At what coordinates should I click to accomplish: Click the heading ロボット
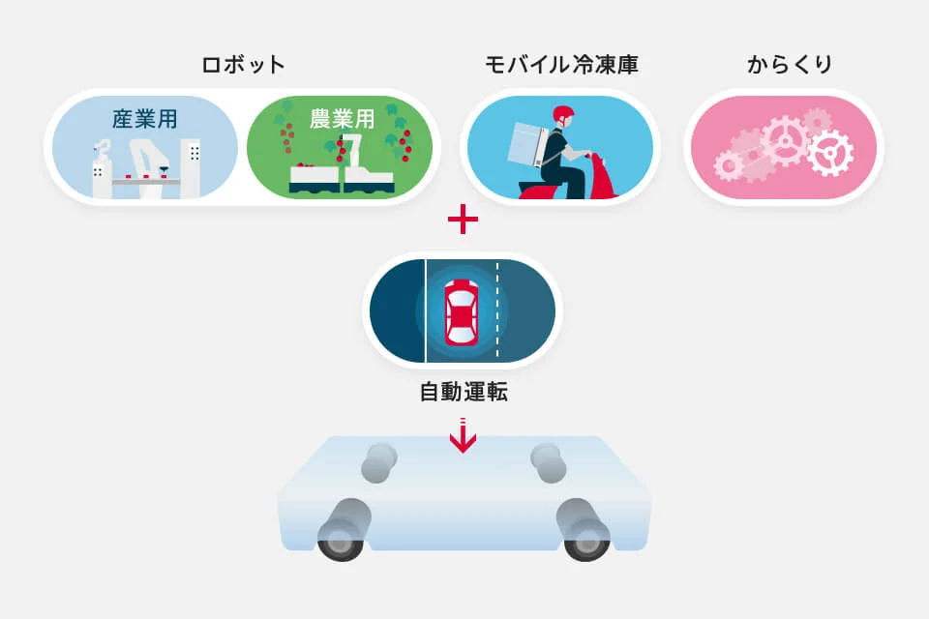[244, 65]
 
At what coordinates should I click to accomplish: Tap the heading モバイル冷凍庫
[561, 65]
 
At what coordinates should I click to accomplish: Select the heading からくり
[790, 65]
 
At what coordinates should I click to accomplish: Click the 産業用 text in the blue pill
[144, 119]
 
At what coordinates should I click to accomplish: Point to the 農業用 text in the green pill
[342, 119]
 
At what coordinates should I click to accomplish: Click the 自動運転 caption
[464, 392]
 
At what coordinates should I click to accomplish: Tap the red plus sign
[463, 220]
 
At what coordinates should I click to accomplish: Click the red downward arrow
[463, 435]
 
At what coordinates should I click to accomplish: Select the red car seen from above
[461, 312]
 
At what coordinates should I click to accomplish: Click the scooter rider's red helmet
[563, 115]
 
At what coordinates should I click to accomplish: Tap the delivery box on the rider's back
[528, 144]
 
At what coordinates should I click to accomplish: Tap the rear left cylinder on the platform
[379, 462]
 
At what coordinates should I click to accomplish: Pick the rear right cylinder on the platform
[549, 462]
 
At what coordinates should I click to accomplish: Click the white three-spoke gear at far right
[830, 154]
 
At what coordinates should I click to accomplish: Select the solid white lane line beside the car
[426, 311]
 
